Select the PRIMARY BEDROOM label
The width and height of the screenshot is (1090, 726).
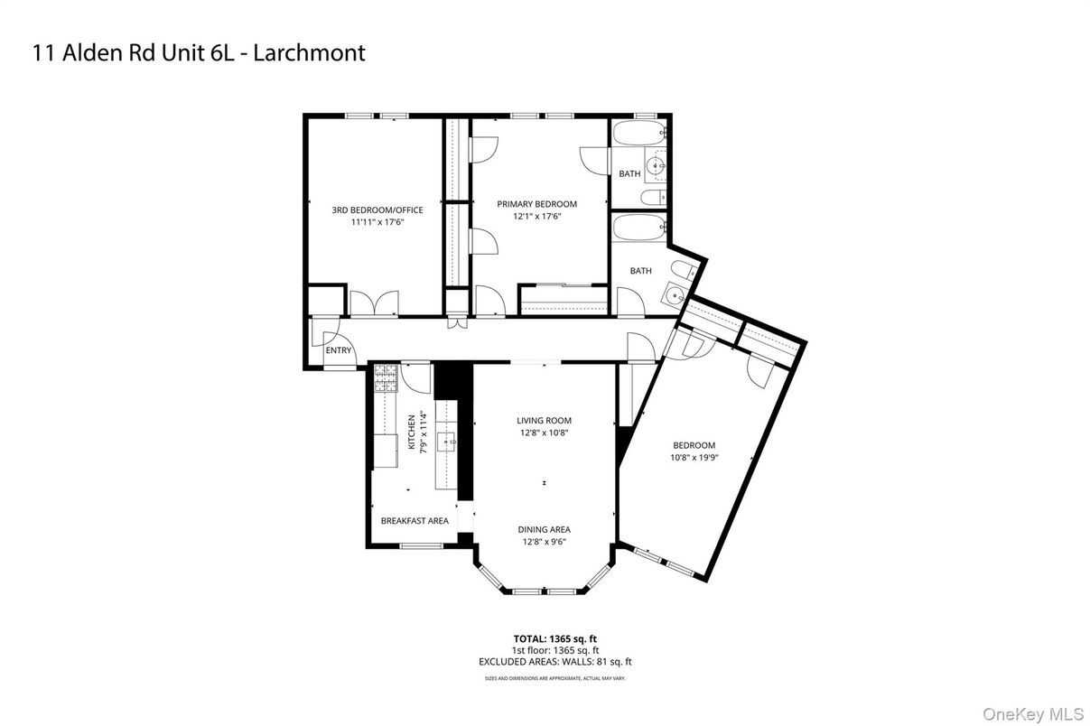[536, 204]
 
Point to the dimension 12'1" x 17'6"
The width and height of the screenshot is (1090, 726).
[536, 217]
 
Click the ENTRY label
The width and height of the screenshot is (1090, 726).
[338, 350]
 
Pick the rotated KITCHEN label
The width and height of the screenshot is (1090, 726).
[412, 432]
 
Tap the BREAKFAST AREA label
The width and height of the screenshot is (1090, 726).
[415, 521]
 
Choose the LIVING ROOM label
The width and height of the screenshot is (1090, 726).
[544, 421]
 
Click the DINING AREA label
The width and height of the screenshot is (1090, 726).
[544, 530]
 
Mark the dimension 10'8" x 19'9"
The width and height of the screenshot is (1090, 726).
[694, 458]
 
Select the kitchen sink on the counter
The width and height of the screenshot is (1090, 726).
[447, 442]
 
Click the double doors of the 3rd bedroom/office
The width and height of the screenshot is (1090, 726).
[373, 304]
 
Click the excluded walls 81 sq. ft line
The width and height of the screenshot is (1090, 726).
[555, 662]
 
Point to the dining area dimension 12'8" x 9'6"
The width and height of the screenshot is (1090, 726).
[544, 542]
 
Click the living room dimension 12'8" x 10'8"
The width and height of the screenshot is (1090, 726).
[544, 433]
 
